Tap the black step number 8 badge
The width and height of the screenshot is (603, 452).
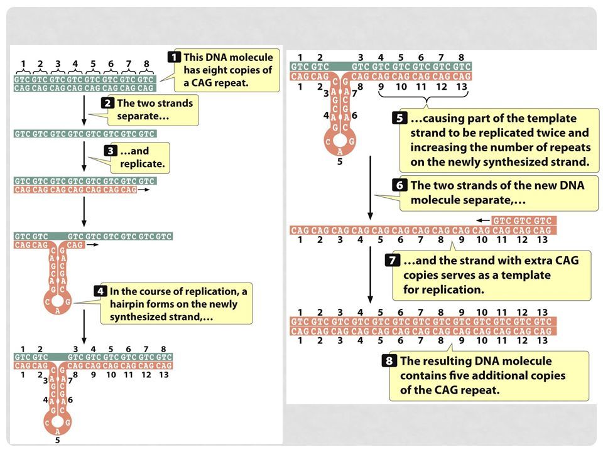(391, 361)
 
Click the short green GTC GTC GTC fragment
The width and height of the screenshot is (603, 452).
(523, 221)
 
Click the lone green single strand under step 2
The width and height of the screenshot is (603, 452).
(85, 134)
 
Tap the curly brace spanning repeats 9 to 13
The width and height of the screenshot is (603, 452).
(426, 102)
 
